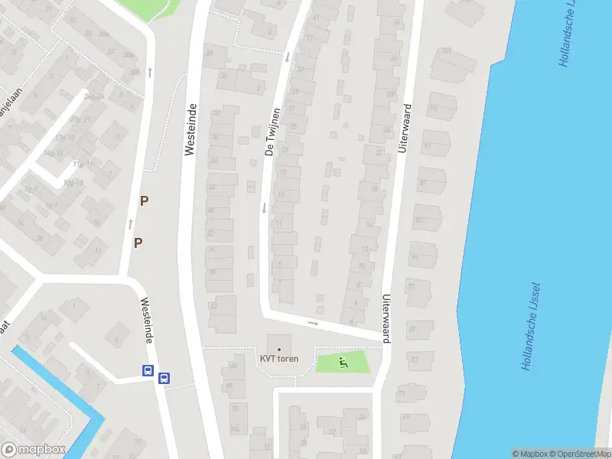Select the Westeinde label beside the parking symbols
point(190,130)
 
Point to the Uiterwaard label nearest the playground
point(387,319)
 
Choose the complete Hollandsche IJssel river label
point(531,327)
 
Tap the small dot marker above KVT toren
point(278,349)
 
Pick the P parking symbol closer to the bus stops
point(138,243)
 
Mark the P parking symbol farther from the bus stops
point(143,201)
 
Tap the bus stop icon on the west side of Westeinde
point(148,371)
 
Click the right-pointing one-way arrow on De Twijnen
point(314,324)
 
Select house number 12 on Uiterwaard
point(365,249)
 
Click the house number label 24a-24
point(94,96)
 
